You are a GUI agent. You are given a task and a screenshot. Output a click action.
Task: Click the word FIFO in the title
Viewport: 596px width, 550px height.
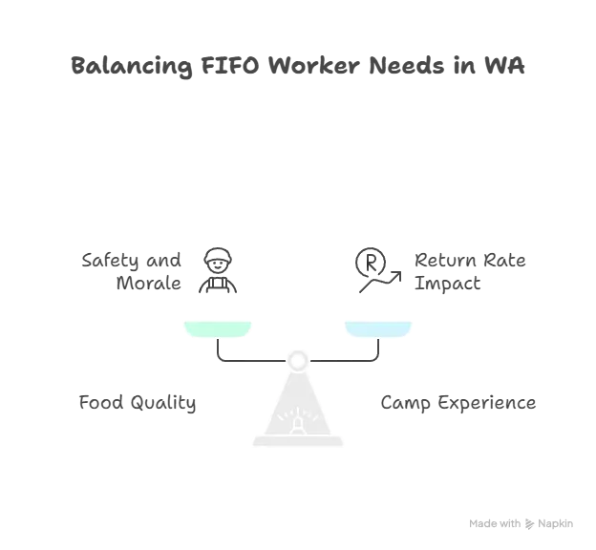[230, 65]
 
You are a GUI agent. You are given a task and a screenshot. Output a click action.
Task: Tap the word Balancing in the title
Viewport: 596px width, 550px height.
[132, 66]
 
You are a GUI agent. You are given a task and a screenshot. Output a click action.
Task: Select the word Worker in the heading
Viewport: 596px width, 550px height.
[313, 65]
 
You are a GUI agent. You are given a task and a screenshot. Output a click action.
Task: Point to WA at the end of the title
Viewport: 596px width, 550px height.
[504, 65]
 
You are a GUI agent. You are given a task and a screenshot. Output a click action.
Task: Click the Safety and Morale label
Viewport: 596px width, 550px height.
[132, 271]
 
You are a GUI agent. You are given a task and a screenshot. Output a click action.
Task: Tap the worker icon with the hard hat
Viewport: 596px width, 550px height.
[218, 270]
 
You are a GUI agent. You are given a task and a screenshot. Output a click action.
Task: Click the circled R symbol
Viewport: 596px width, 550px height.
[371, 263]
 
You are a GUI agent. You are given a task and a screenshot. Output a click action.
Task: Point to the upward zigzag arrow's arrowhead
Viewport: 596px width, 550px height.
[396, 276]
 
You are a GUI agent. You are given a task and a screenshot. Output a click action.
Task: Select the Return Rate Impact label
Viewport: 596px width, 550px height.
[470, 271]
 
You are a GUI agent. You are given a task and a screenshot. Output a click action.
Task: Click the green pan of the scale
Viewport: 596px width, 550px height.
[218, 328]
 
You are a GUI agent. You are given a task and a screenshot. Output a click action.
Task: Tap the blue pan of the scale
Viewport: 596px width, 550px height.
[378, 328]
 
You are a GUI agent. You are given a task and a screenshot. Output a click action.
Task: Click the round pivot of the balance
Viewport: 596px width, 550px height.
[298, 360]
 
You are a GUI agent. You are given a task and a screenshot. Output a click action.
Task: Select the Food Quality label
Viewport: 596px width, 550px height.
[138, 403]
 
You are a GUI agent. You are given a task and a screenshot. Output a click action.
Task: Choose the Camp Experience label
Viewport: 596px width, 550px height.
[458, 403]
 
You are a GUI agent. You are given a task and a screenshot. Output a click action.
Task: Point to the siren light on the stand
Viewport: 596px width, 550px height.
[298, 422]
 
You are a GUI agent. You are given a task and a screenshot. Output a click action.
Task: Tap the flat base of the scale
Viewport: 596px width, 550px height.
[298, 441]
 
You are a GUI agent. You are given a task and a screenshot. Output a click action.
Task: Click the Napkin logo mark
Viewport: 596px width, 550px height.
[529, 524]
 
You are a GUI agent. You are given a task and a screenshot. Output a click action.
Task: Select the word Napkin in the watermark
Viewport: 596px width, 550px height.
[555, 524]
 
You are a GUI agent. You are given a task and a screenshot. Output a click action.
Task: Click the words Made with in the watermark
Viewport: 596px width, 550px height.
[495, 524]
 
